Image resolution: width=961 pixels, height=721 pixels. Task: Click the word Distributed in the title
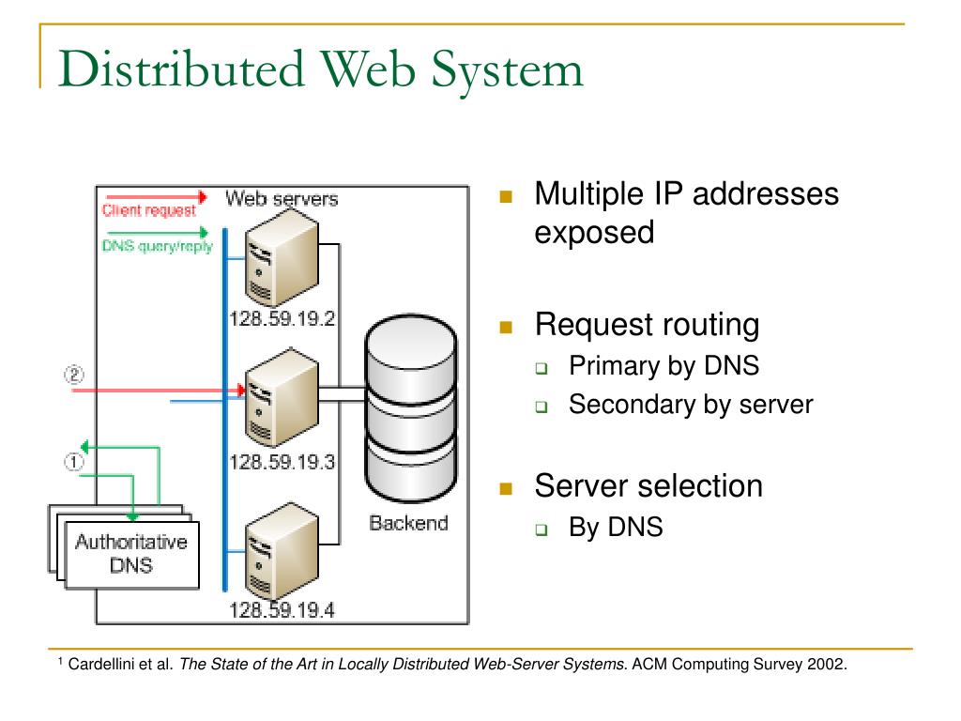[x=181, y=69]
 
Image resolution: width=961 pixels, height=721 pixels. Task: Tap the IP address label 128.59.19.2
[x=282, y=319]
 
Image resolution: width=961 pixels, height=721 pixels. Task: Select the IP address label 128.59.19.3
[x=282, y=462]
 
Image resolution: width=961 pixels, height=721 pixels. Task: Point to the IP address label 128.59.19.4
[x=282, y=610]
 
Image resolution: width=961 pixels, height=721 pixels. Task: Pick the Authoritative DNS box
[x=131, y=555]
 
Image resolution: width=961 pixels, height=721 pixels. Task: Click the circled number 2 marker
[x=74, y=375]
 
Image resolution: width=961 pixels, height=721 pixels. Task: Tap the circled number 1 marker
[x=73, y=462]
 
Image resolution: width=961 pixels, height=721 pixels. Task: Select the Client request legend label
[x=149, y=210]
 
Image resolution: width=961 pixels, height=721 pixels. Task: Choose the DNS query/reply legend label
[x=157, y=246]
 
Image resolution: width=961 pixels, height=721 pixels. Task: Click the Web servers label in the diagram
[x=282, y=198]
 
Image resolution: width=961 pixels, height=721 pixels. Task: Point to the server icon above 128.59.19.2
[x=282, y=258]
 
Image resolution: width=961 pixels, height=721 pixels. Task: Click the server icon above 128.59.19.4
[x=282, y=551]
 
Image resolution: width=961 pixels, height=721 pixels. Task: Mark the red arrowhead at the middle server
[x=241, y=390]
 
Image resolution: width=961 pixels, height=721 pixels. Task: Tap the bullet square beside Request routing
[x=506, y=327]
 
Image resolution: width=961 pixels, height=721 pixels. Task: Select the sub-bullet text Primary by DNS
[x=664, y=366]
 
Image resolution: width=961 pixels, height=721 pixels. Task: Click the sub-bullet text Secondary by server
[x=691, y=405]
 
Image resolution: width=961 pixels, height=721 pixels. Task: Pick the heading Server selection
[x=648, y=486]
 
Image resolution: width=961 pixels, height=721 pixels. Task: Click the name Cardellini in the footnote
[x=97, y=664]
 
